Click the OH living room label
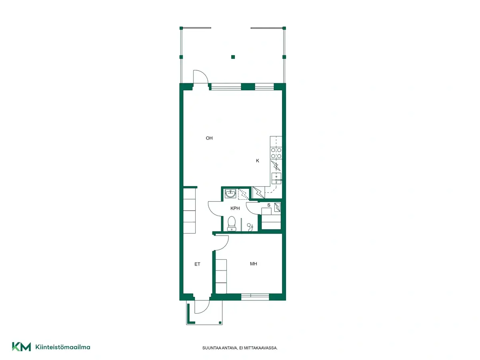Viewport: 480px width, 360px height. tap(209, 138)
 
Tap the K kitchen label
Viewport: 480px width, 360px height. tap(257, 161)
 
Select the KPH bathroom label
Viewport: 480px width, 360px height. tap(235, 208)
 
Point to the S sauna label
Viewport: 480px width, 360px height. tap(269, 205)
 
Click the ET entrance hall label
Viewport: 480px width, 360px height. tap(197, 264)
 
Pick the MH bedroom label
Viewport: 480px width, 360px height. tap(254, 264)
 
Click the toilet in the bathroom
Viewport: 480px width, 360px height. tap(232, 224)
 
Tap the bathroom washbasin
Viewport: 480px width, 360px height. tap(230, 194)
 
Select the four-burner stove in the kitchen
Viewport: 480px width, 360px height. tap(276, 153)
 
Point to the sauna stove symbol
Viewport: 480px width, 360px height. tap(277, 207)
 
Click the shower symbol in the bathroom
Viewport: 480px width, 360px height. tap(250, 227)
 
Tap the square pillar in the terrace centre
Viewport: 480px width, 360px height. tap(233, 57)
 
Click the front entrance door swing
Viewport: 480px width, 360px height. tap(202, 306)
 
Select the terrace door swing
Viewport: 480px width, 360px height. tap(200, 76)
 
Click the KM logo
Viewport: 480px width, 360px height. tap(22, 347)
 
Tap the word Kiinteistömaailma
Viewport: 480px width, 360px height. tap(63, 347)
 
